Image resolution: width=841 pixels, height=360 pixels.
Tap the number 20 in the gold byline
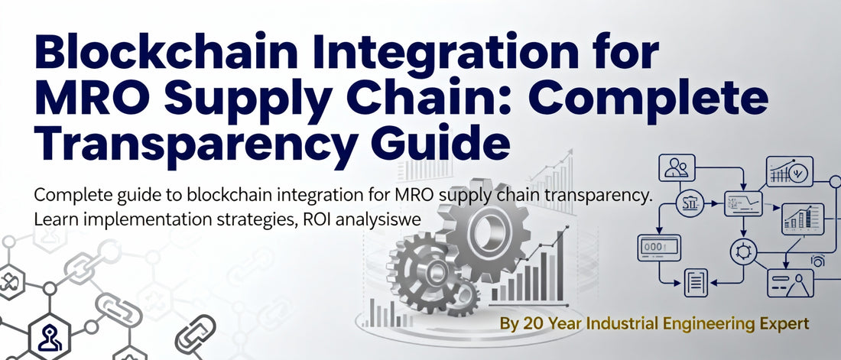(x=533, y=324)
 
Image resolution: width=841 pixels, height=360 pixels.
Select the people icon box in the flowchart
(x=678, y=166)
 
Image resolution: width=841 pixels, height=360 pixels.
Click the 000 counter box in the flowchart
(x=658, y=247)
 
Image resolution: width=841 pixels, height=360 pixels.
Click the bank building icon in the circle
(x=690, y=203)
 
